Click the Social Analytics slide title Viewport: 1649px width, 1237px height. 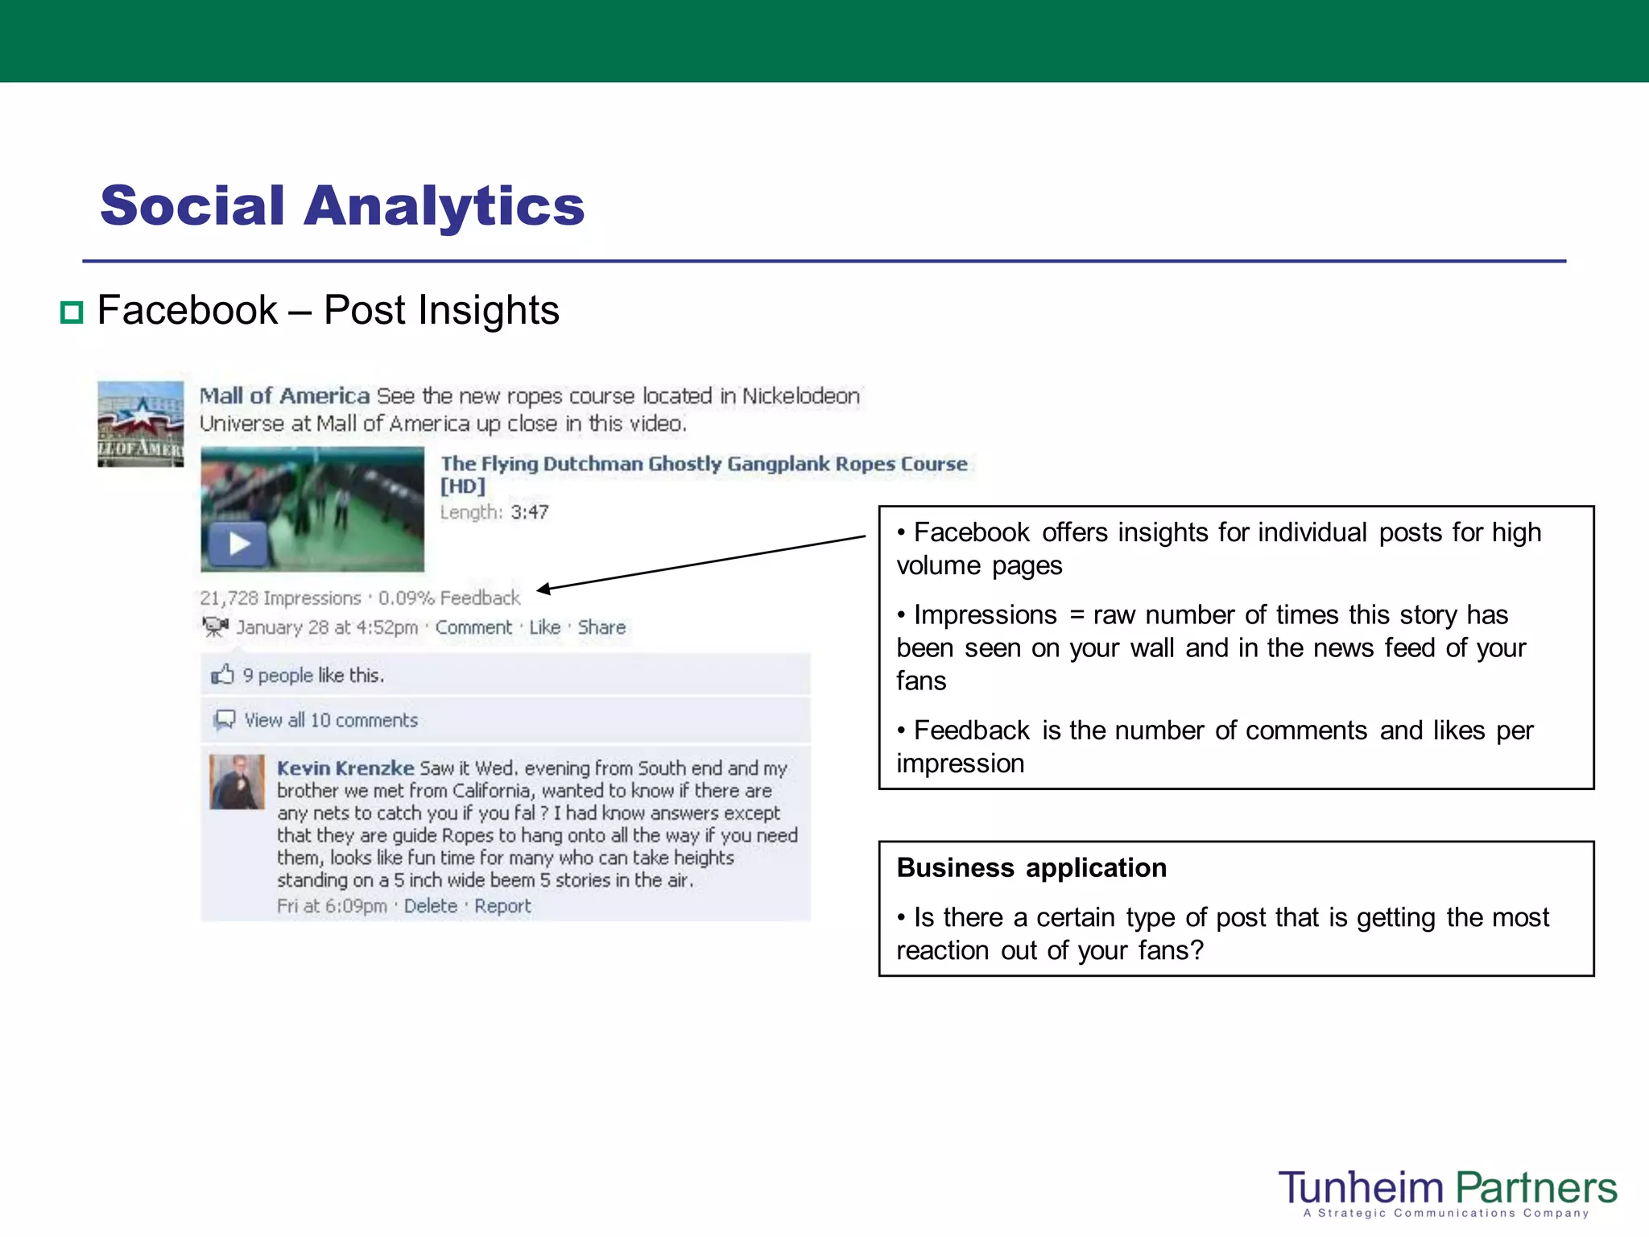point(342,206)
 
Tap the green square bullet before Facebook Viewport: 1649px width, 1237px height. point(72,312)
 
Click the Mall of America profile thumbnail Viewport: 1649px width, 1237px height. point(140,424)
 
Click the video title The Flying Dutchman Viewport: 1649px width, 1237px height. point(702,464)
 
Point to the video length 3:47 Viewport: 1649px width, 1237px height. point(529,512)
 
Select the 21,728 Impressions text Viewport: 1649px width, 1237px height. point(280,598)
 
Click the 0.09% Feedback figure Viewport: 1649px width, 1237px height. point(449,598)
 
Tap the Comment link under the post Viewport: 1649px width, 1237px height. point(473,627)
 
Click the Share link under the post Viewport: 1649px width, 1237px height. point(601,627)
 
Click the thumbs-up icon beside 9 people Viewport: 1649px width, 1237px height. point(222,674)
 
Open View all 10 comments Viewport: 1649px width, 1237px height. point(330,720)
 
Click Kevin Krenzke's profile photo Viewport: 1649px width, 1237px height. point(237,781)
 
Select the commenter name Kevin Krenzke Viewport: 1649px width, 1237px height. point(345,768)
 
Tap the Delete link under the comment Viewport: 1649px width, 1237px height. point(430,906)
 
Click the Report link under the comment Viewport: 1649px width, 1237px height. point(502,906)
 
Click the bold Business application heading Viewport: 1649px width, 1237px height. point(1031,868)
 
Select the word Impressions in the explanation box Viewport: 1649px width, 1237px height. point(985,615)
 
